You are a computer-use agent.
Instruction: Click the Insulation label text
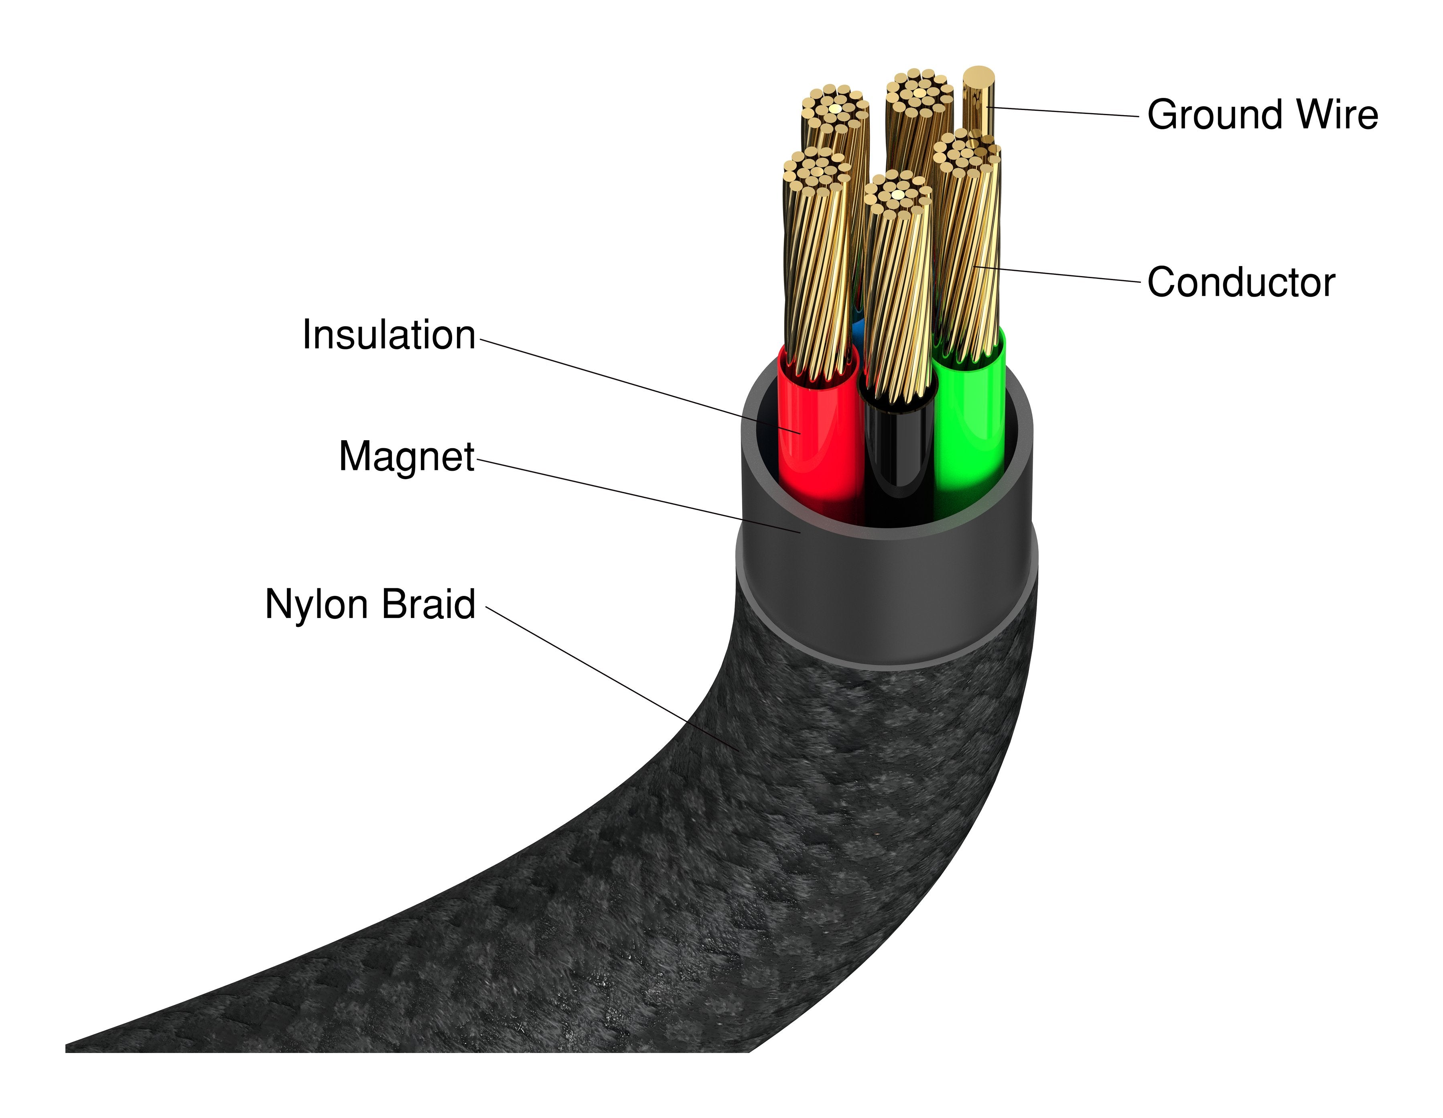[388, 335]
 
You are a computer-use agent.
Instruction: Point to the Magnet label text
[406, 457]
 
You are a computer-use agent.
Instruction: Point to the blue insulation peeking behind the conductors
[858, 328]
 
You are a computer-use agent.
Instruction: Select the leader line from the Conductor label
[1057, 274]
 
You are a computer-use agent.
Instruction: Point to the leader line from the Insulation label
[634, 385]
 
